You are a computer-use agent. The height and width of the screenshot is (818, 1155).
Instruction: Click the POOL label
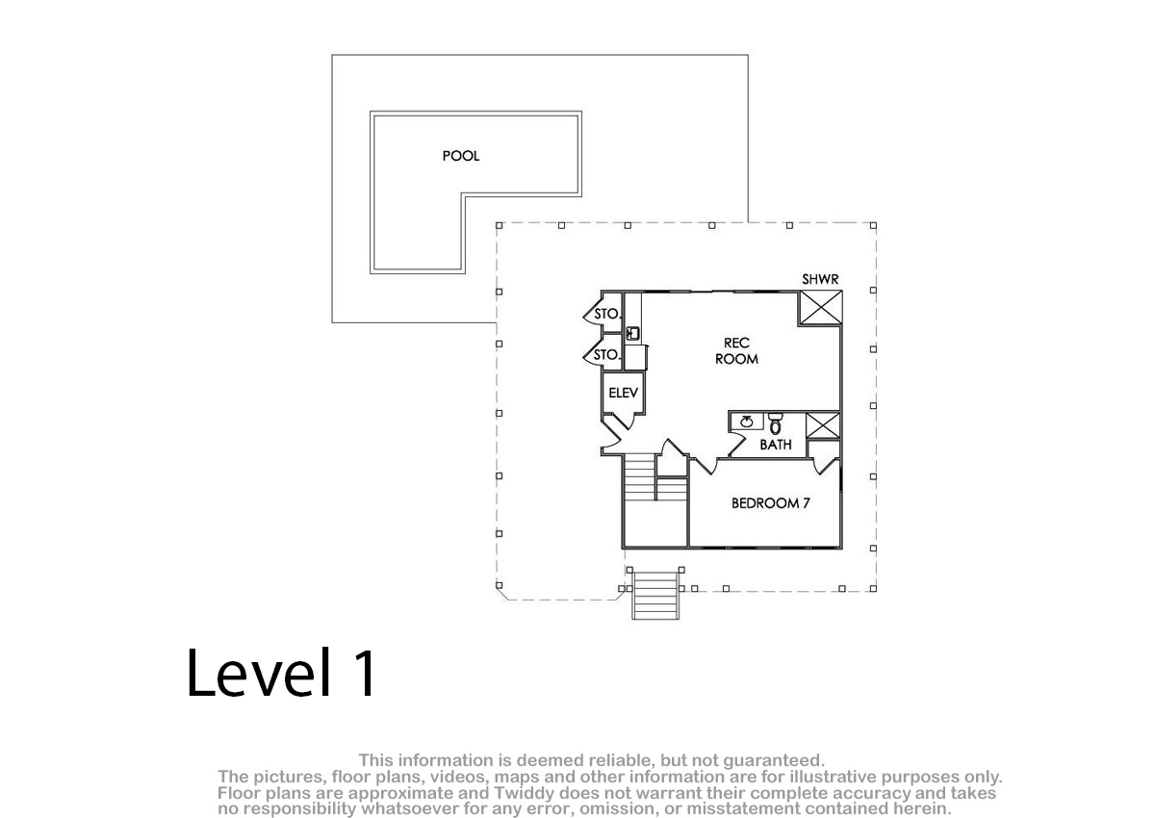tap(460, 156)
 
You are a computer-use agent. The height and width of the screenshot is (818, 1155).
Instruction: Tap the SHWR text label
tap(820, 279)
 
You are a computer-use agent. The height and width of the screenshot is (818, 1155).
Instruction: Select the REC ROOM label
tap(736, 351)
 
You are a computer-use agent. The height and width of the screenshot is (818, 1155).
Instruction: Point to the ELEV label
tap(623, 393)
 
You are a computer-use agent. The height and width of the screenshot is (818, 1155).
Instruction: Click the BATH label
tap(776, 445)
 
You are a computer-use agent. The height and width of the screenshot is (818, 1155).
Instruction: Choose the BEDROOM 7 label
tap(771, 503)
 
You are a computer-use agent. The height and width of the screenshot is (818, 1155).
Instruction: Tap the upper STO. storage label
tap(607, 314)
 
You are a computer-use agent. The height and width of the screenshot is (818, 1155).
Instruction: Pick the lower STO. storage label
tap(605, 354)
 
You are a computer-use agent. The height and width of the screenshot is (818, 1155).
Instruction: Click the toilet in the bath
tap(775, 423)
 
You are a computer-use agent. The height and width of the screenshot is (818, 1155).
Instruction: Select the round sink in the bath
tap(746, 422)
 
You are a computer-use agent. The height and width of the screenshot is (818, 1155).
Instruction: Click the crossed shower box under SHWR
tap(820, 307)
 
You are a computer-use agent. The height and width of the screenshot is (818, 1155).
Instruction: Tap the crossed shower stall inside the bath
tap(822, 425)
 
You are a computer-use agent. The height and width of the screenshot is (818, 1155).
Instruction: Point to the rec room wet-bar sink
tap(632, 333)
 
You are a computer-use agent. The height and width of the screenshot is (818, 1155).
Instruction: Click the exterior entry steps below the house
tap(654, 595)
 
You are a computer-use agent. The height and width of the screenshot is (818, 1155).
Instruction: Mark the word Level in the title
tap(258, 673)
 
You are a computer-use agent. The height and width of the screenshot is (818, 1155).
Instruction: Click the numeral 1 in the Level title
tap(365, 673)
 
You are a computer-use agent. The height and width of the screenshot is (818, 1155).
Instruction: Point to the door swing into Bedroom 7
tap(704, 465)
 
